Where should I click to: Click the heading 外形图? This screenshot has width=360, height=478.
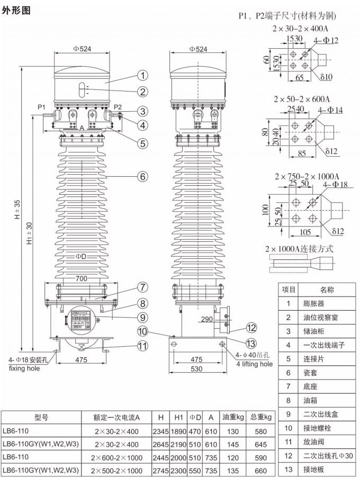coord(16,10)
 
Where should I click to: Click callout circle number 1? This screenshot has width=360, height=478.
coord(142,75)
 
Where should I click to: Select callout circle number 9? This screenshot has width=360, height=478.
coord(142,318)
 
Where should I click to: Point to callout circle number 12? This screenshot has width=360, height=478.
coord(251,328)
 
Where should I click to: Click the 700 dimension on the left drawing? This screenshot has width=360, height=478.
coord(80,278)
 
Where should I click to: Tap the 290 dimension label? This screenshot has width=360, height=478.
coord(208,320)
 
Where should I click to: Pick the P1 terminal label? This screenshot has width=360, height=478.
coord(42,106)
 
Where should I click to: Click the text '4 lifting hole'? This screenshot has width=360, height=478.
coord(251,364)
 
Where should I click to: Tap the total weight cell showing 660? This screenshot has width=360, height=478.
coord(260,470)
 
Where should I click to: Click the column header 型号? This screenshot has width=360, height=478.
coord(41,417)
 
